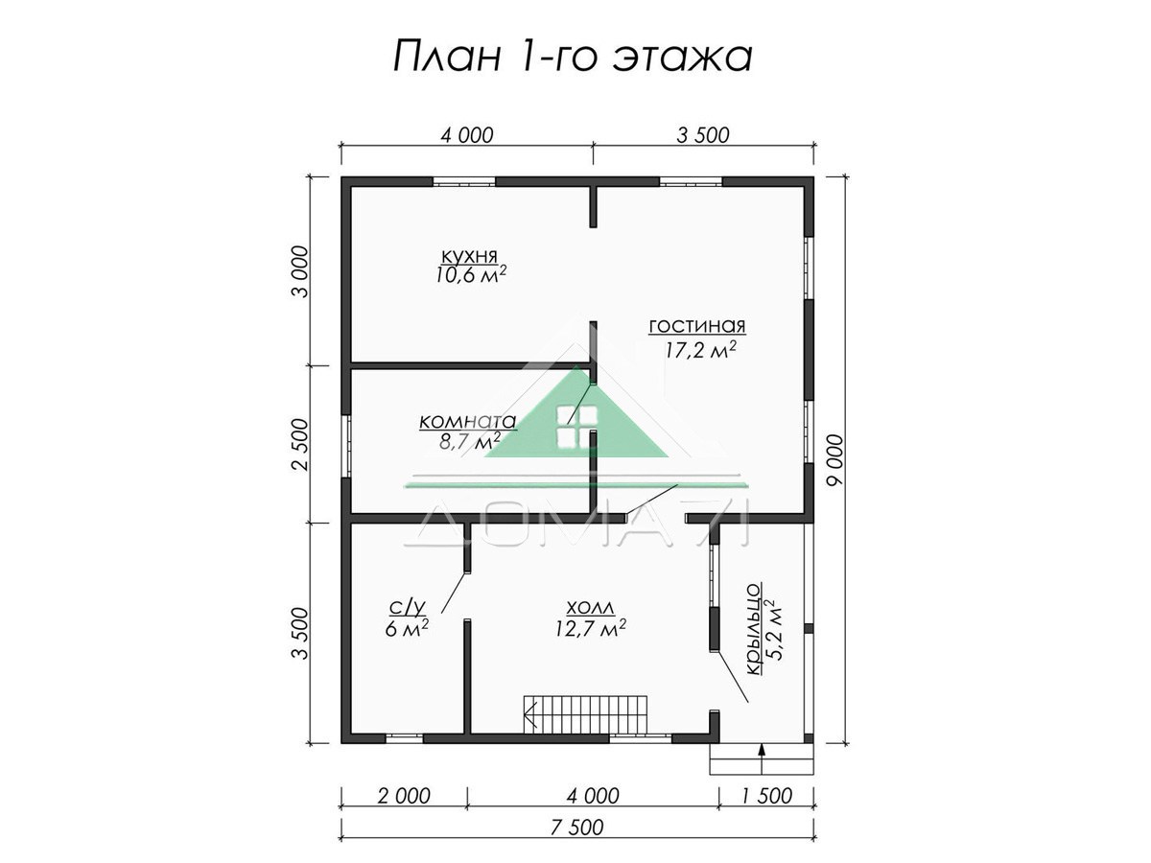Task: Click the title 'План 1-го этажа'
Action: [574, 56]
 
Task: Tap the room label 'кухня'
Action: [469, 256]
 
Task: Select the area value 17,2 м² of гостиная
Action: [699, 349]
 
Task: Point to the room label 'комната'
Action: [468, 421]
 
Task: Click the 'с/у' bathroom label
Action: [407, 607]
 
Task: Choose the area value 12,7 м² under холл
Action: [591, 628]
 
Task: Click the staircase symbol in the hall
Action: [586, 714]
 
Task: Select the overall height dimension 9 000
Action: [835, 459]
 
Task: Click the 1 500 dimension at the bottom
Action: [766, 796]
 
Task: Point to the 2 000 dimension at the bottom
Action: [404, 796]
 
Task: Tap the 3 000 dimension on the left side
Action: [300, 271]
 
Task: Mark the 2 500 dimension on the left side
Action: [300, 444]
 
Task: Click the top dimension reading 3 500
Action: [703, 135]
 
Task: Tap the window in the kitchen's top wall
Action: [464, 182]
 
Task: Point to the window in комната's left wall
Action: [346, 446]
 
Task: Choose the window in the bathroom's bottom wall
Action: [405, 738]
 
